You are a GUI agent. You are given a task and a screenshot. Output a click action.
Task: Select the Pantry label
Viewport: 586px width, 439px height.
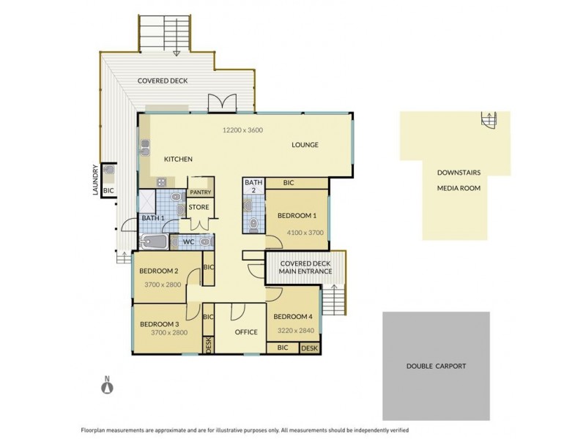[200, 192]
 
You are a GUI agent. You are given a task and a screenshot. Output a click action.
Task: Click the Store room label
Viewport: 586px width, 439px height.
[199, 207]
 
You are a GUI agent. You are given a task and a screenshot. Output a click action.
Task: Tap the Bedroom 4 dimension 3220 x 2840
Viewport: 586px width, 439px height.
[293, 330]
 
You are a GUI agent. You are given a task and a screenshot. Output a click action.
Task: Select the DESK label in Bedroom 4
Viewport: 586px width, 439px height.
[309, 348]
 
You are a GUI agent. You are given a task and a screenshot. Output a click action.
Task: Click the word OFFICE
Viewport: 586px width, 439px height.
[246, 332]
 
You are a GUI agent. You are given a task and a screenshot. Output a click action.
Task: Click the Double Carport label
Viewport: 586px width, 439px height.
[436, 366]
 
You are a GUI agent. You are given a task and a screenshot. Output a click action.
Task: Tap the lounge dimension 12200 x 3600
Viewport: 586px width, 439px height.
[242, 130]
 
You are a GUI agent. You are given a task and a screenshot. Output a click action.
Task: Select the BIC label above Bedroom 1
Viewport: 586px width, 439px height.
[288, 182]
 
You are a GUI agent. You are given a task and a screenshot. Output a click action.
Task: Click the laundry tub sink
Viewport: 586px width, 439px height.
[108, 170]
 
